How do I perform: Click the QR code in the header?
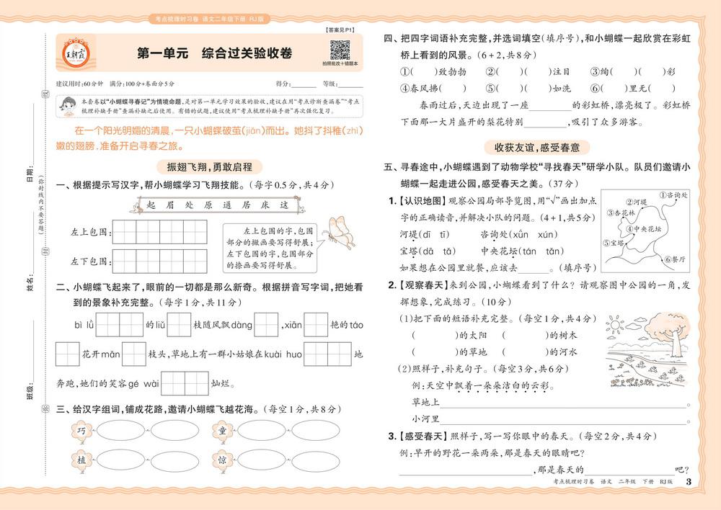tap(340, 51)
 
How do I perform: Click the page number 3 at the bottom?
tap(688, 482)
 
